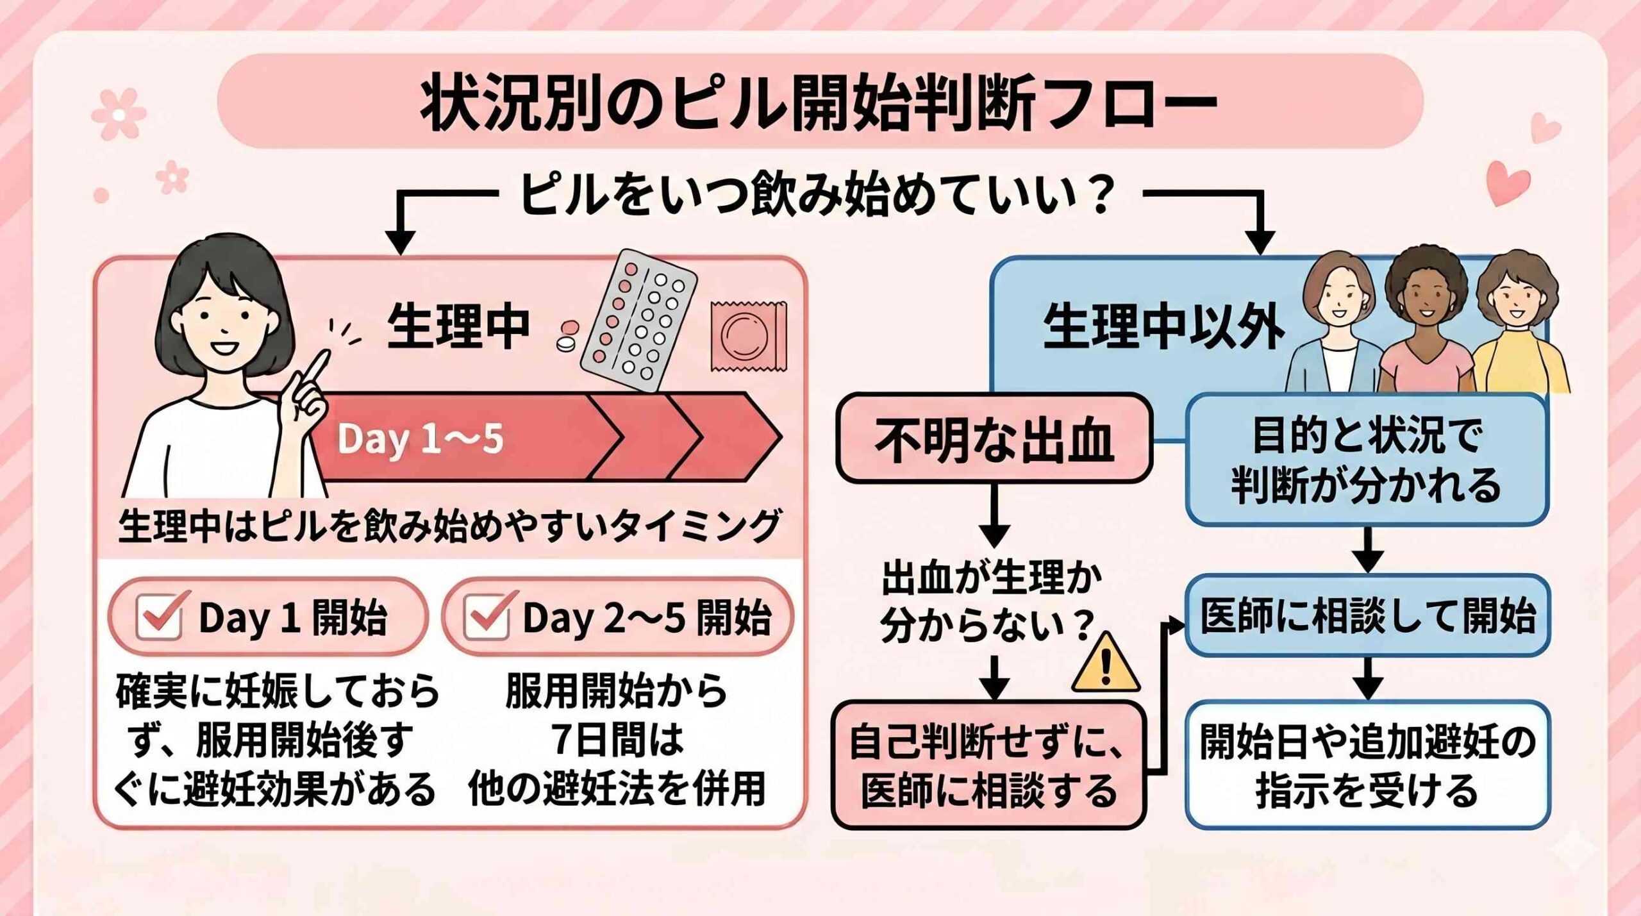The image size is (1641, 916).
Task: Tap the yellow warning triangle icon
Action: tap(1104, 663)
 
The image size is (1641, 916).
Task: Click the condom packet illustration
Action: tap(748, 335)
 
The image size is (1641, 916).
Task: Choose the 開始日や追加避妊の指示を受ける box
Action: tap(1367, 765)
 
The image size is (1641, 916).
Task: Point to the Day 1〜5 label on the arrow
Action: tap(421, 439)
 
